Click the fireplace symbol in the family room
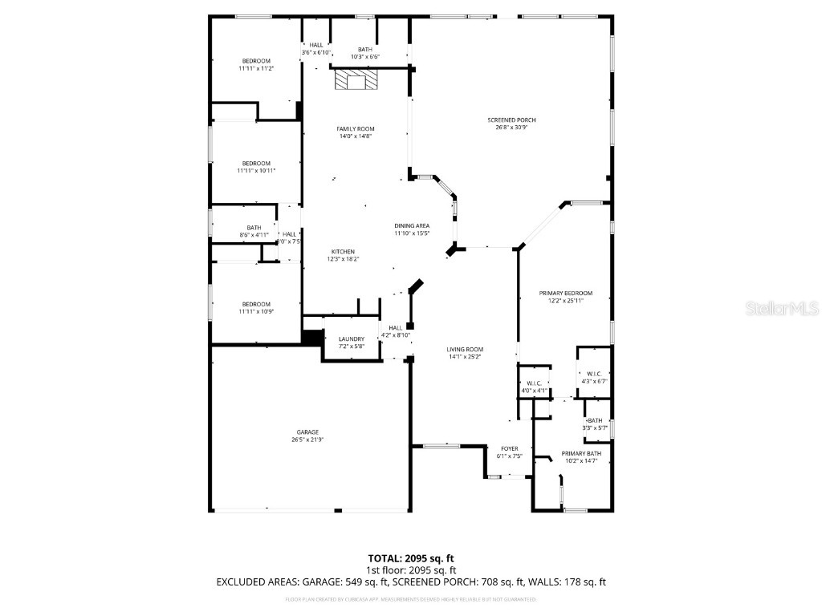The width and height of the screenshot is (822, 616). [356, 80]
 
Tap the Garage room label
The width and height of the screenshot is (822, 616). [308, 432]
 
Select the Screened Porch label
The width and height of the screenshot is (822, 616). [511, 120]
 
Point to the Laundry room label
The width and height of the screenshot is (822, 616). [352, 338]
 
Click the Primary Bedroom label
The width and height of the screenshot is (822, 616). [565, 294]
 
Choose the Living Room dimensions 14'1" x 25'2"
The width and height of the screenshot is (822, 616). [465, 356]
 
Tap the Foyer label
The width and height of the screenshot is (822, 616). [510, 448]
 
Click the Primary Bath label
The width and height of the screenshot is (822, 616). [581, 453]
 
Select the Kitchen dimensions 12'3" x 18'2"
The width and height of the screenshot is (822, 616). [342, 259]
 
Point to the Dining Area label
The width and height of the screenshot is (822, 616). [412, 226]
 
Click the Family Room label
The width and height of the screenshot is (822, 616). [355, 128]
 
